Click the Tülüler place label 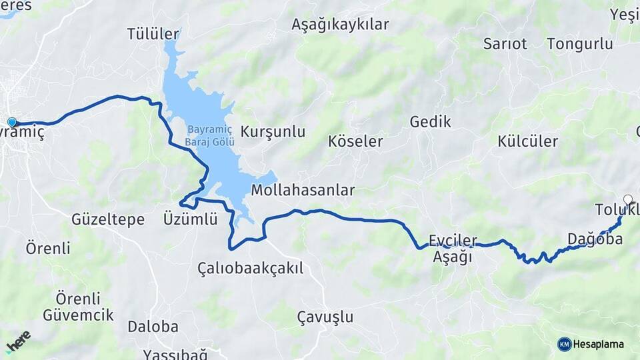[x=153, y=34]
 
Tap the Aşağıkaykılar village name [x=340, y=25]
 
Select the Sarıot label [x=505, y=44]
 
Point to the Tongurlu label [x=579, y=44]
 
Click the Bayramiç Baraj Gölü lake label [x=201, y=135]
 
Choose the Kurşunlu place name [x=273, y=131]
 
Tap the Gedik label [x=430, y=122]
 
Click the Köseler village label [x=355, y=141]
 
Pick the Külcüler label [x=527, y=141]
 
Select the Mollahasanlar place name [x=303, y=191]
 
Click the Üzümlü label [x=190, y=219]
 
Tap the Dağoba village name [x=595, y=239]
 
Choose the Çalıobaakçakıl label [x=250, y=268]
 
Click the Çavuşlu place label [x=325, y=317]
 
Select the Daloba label [x=153, y=327]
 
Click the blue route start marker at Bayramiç [x=12, y=122]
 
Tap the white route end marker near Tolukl [x=627, y=199]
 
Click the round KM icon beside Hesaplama [x=564, y=344]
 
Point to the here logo [x=18, y=342]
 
